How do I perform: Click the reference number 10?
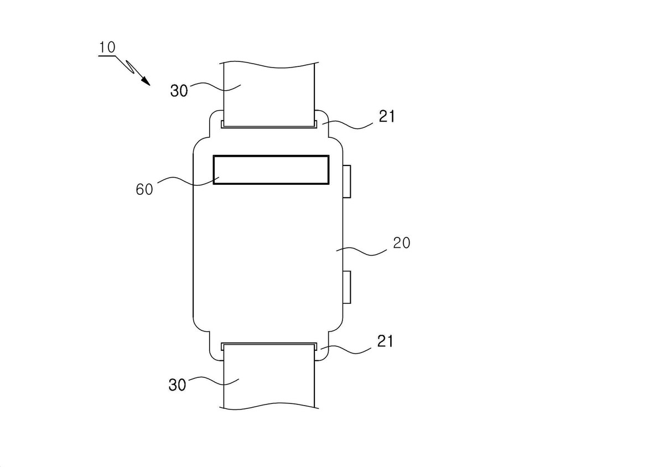coord(107,48)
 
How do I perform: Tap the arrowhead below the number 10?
coord(146,81)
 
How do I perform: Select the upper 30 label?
coord(179,90)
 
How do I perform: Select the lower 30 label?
coord(177,385)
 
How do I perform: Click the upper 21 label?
coord(387,116)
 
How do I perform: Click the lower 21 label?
coord(385,341)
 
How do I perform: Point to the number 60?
coord(144,189)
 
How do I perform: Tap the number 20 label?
coord(402,243)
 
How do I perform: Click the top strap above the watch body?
coord(269,95)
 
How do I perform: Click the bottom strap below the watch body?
coord(269,377)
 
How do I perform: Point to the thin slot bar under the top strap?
coord(269,127)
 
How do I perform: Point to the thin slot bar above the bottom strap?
coord(269,345)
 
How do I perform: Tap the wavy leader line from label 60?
coord(188,181)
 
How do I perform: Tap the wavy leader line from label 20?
coord(361,251)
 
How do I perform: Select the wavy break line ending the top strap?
coord(269,65)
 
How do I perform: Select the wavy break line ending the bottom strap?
coord(269,406)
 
